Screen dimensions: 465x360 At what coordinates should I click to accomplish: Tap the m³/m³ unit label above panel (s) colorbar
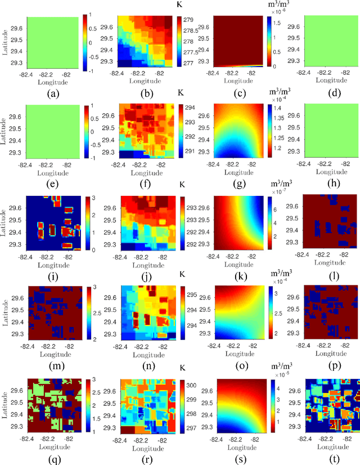point(274,367)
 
